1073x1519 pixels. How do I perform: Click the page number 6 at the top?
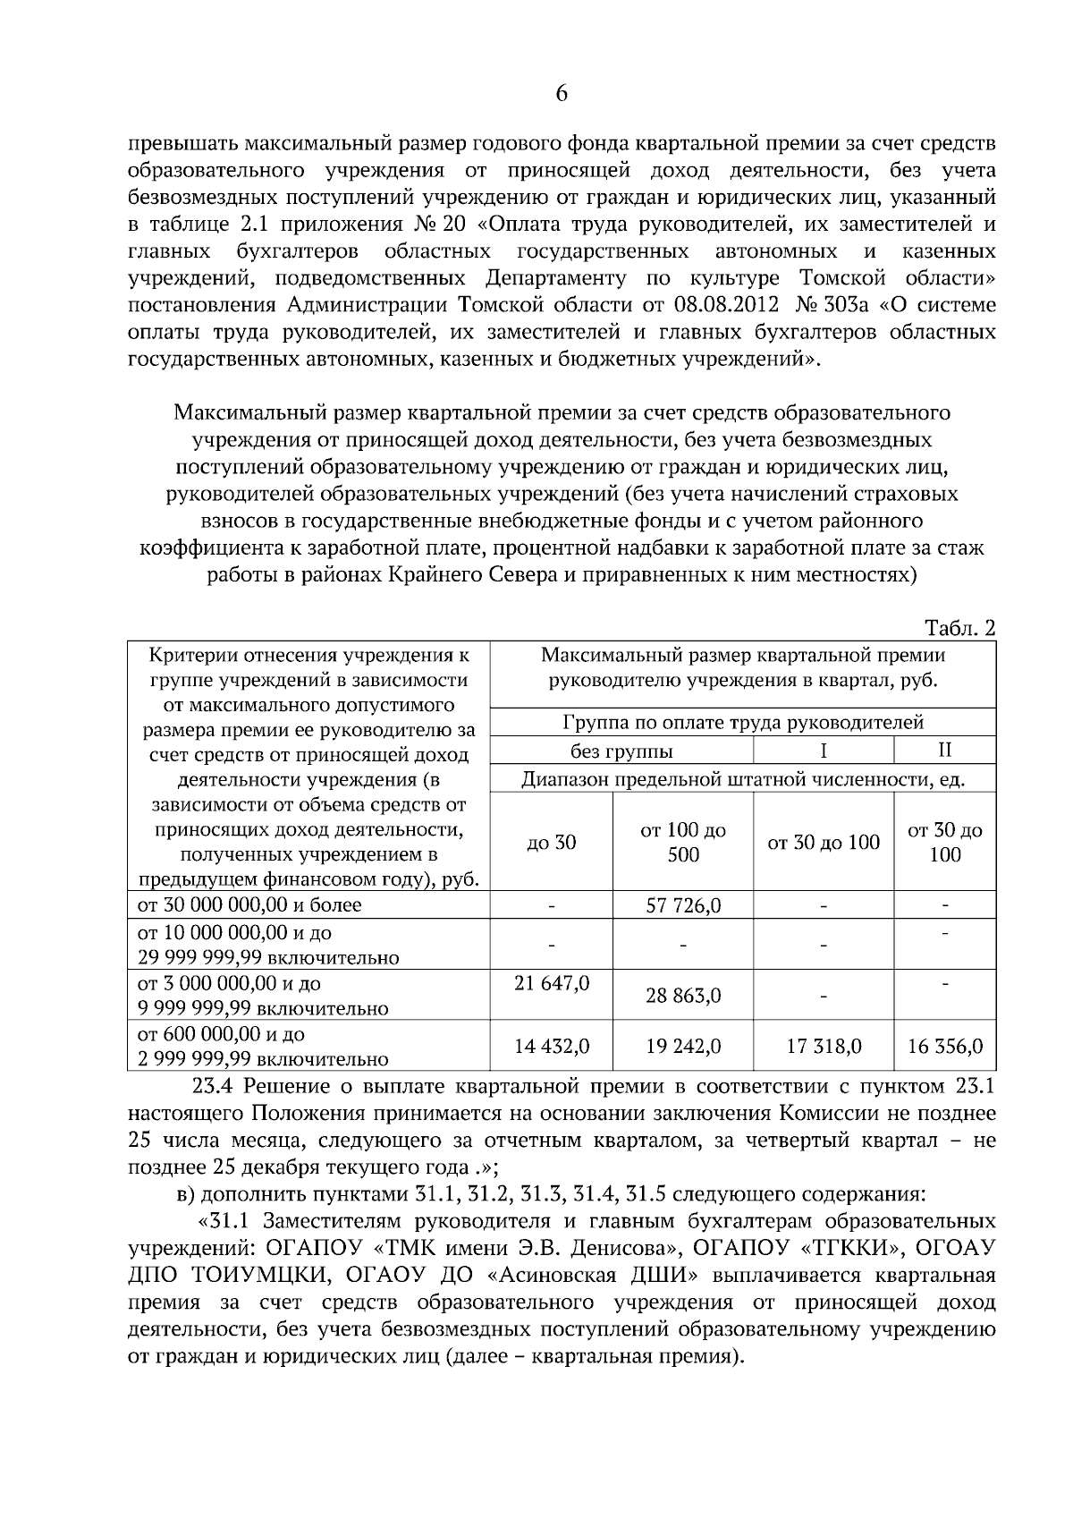pos(562,94)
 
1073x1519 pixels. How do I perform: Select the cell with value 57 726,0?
pos(683,906)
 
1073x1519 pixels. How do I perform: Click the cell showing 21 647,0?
pos(552,983)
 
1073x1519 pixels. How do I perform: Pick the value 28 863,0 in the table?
pos(683,996)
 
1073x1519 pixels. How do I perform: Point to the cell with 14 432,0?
pos(552,1046)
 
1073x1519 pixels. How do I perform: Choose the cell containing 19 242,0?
pos(683,1046)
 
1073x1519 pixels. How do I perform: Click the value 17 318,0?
pos(824,1046)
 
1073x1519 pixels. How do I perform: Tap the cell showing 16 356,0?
pos(945,1046)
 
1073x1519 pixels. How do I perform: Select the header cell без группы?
pos(621,751)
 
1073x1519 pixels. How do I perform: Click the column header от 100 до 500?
pos(683,842)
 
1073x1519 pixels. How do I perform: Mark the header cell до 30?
pos(552,842)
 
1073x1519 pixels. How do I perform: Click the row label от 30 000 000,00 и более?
pos(249,904)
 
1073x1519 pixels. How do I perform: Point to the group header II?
pos(944,750)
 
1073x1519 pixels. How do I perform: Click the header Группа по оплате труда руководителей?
pos(743,722)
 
